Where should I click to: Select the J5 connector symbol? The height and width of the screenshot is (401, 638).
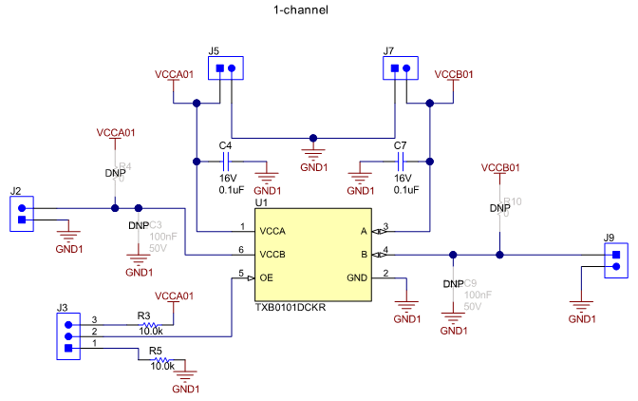point(225,68)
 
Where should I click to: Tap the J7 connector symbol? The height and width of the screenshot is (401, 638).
point(400,68)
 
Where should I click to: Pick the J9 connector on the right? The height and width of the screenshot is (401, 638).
point(616,260)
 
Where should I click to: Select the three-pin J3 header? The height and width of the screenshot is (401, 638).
point(67,335)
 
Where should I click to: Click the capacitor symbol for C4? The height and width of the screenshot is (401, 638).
point(225,162)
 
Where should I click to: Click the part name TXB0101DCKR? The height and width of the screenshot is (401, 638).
point(291,308)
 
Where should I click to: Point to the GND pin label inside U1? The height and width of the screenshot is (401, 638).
point(357,277)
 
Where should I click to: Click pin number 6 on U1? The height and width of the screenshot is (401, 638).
point(242,249)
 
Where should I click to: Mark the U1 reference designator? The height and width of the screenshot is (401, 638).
point(261,202)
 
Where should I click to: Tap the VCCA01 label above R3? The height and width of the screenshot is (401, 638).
point(174,296)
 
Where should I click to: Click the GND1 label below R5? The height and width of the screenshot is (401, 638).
point(186,390)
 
